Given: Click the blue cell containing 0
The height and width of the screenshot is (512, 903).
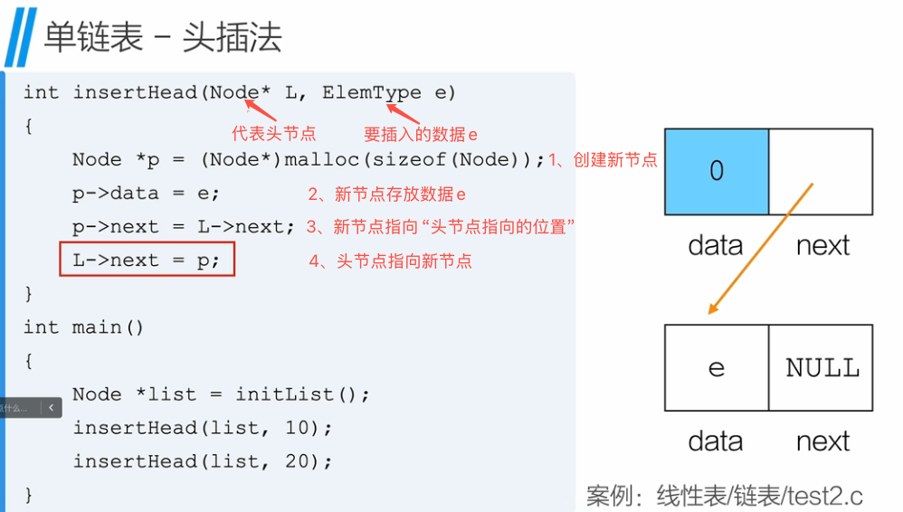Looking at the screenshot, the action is (x=717, y=171).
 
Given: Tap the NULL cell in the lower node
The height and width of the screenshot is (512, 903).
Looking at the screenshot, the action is (x=822, y=367).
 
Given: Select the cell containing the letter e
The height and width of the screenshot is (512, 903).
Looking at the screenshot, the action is (x=717, y=367).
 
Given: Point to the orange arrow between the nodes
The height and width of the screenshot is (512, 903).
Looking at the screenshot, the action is (x=760, y=249).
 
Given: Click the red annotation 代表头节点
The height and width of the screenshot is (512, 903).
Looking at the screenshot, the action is (x=274, y=134).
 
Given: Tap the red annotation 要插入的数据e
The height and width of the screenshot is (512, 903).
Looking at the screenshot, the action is (x=421, y=135).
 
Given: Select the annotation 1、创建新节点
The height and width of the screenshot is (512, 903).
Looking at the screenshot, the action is (x=603, y=160).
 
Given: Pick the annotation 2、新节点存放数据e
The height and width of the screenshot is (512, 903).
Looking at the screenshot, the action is (x=387, y=194).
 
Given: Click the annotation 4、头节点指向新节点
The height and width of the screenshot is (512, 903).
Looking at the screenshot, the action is (x=390, y=261).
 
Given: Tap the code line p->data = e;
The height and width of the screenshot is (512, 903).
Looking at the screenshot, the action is (x=147, y=194).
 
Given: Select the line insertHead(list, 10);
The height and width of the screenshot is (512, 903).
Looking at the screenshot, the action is (x=203, y=428).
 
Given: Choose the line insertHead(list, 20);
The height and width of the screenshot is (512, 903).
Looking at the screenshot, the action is (x=203, y=461).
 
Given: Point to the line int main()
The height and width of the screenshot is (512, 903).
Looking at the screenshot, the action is (x=83, y=327).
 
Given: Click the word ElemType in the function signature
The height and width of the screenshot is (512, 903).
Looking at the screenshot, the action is (x=372, y=92).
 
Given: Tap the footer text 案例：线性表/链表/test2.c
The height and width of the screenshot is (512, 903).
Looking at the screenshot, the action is (x=724, y=496).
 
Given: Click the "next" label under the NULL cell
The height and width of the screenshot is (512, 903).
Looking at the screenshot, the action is (x=822, y=441).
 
